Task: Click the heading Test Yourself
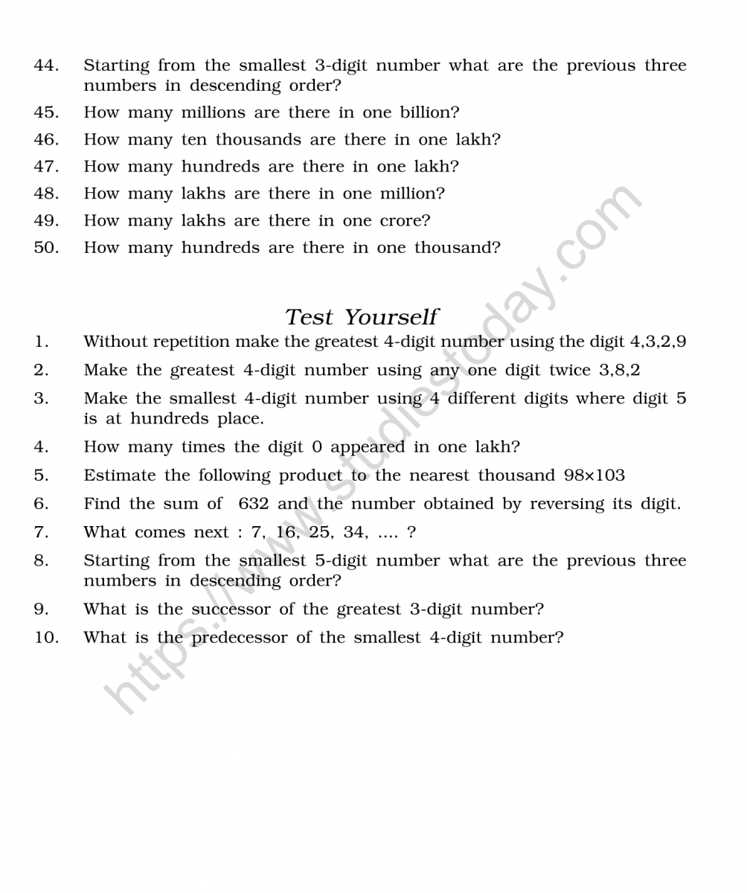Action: click(x=362, y=317)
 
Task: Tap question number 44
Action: click(x=45, y=65)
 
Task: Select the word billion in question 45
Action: click(x=426, y=112)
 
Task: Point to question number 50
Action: click(x=45, y=247)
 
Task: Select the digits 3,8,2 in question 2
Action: click(x=620, y=370)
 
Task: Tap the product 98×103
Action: click(x=594, y=475)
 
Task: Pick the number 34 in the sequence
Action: click(x=348, y=532)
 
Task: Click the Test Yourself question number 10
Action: click(x=45, y=638)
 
